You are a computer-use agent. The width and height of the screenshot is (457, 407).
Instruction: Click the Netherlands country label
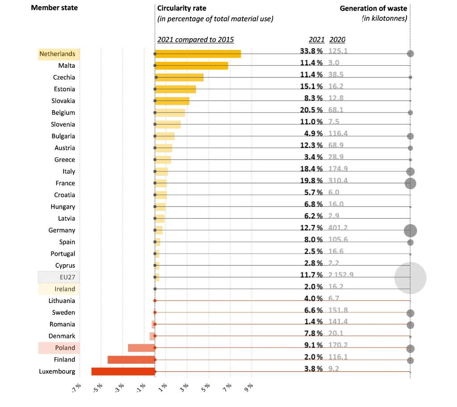(58, 54)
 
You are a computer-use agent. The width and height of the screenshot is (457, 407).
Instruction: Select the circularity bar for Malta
(191, 66)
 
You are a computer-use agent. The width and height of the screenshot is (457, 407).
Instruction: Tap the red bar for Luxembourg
(123, 371)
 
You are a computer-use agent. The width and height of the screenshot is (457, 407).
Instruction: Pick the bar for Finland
(131, 360)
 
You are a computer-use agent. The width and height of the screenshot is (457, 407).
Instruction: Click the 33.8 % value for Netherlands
(311, 51)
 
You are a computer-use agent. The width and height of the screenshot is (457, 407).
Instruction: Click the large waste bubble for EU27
(410, 278)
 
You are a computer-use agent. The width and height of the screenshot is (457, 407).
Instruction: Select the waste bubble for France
(410, 183)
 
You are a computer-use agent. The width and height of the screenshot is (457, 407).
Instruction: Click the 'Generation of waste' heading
(373, 8)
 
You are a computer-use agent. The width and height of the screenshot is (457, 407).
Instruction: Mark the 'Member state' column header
(54, 8)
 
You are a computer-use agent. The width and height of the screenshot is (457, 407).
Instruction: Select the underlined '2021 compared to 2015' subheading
(195, 40)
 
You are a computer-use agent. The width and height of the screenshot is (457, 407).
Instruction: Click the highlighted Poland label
(65, 348)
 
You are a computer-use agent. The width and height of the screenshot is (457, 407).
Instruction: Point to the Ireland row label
(65, 289)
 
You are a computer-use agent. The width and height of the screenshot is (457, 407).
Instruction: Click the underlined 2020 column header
(337, 40)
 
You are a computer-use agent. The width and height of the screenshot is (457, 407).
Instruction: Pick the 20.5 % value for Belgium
(311, 110)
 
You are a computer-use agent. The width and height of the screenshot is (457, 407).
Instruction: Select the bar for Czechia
(179, 77)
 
